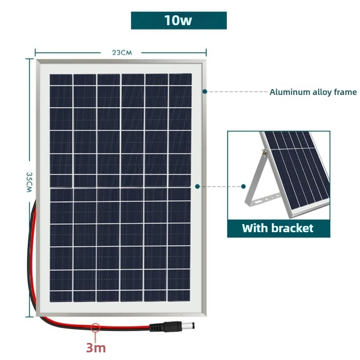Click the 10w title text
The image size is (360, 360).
coord(178,20)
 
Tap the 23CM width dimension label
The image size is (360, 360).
coord(122,53)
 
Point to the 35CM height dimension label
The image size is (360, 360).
coord(29,182)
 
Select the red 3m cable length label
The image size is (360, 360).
coord(96,347)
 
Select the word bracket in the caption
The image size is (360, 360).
coord(292,228)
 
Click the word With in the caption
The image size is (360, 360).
coord(255,228)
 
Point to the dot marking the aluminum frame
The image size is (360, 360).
coord(205,92)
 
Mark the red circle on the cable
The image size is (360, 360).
coord(95,328)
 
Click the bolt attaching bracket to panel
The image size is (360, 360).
coord(265,152)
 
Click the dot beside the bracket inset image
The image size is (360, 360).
coord(243,186)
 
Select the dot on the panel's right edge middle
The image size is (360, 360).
coord(197,186)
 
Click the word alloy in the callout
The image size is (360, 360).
coord(322,92)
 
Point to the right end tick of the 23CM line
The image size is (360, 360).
coord(206,53)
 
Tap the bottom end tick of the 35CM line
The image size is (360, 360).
coord(29,317)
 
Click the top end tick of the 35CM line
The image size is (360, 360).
coord(29,59)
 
